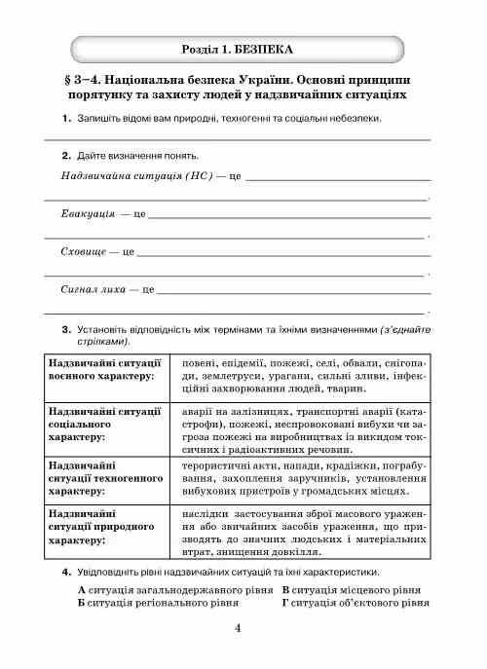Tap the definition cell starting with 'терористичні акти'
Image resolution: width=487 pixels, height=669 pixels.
point(304,478)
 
